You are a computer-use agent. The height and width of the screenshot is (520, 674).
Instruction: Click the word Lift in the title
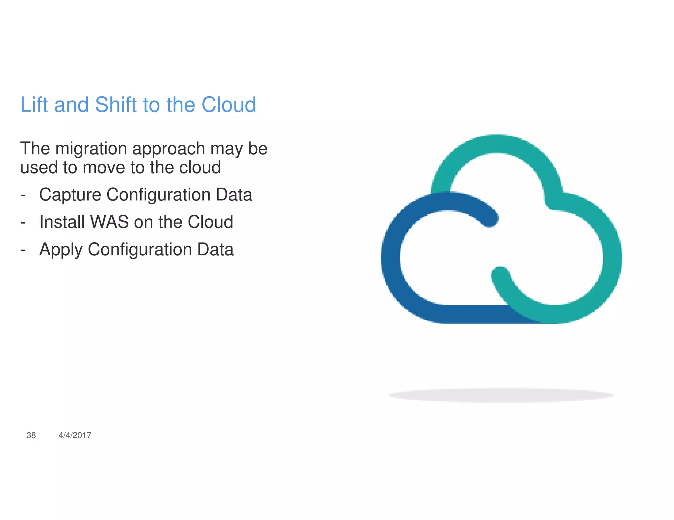tap(35, 105)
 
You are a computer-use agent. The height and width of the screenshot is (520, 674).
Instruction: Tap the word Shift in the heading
tap(116, 105)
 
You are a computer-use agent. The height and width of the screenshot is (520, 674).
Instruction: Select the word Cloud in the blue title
tap(228, 105)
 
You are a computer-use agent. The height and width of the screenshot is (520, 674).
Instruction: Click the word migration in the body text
tap(91, 149)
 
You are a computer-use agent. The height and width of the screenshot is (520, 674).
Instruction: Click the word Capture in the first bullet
tap(70, 195)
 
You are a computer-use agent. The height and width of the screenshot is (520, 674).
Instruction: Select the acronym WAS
tap(109, 222)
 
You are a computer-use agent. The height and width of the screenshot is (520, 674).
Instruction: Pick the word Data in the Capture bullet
tap(234, 195)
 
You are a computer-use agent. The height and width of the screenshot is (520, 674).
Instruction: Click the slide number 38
tap(31, 435)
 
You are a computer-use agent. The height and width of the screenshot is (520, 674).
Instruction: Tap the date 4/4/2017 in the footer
tap(75, 435)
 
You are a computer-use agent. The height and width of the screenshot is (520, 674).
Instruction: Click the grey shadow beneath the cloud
tap(501, 395)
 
